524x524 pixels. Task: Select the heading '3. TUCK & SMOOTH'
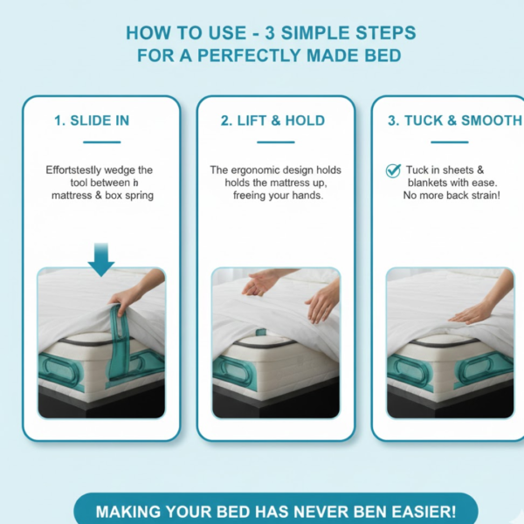(455, 121)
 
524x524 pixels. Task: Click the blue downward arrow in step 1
(101, 258)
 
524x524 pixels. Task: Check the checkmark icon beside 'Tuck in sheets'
(393, 170)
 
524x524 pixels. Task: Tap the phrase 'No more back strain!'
(452, 196)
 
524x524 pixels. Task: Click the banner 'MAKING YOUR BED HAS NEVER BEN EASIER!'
(275, 510)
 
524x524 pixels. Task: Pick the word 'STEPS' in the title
(385, 33)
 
